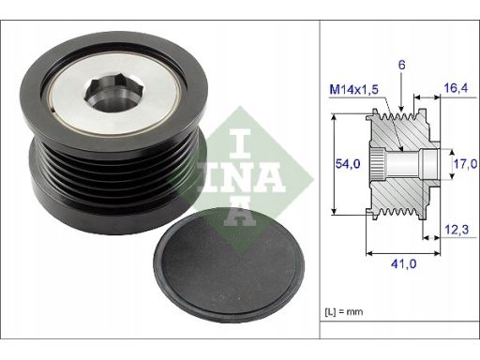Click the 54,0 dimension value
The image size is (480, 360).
tap(348, 163)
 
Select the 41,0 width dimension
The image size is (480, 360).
tap(403, 264)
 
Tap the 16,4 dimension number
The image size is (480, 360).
tap(456, 88)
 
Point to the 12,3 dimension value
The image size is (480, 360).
tap(457, 230)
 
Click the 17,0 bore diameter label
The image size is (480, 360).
tap(465, 163)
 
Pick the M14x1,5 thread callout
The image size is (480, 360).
tap(354, 90)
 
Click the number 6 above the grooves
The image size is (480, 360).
tap(402, 65)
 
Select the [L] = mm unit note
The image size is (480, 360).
tap(344, 311)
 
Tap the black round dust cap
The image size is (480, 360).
tap(229, 265)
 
